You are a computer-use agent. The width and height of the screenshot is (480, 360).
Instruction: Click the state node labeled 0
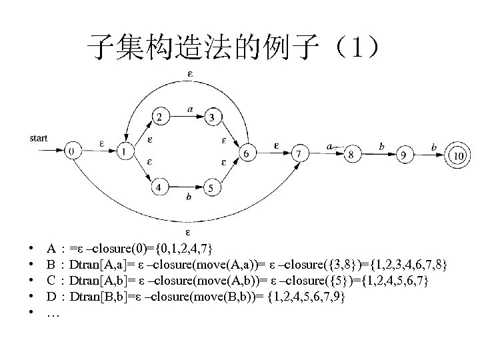point(71,152)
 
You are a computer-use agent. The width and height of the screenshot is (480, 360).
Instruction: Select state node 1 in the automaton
point(123,152)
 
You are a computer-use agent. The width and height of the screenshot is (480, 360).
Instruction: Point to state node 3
point(211,118)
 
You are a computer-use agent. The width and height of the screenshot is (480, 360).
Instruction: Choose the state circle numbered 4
point(160,187)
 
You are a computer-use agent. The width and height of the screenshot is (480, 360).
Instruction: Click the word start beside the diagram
point(39,139)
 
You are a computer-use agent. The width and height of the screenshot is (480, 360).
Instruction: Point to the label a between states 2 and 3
point(191,108)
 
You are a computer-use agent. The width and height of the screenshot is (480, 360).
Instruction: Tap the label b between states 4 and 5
point(189,197)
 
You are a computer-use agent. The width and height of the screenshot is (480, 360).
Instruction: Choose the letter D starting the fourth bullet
point(51,295)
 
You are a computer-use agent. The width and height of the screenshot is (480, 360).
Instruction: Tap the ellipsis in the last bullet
point(53,311)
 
